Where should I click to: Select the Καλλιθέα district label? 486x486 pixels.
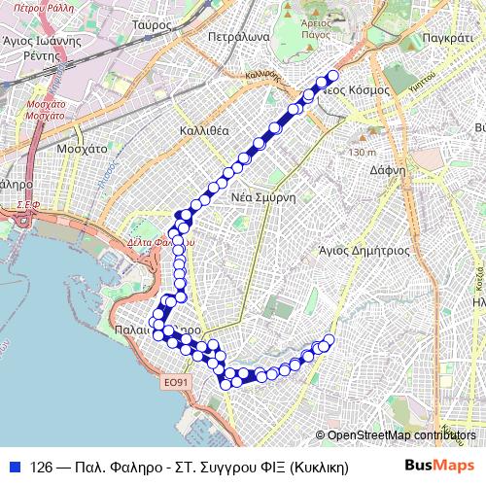(204, 129)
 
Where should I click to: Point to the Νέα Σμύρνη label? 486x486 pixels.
(262, 194)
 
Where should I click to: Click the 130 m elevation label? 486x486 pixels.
(362, 153)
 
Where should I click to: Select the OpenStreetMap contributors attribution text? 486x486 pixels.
(401, 435)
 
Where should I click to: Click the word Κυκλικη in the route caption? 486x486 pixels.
(319, 466)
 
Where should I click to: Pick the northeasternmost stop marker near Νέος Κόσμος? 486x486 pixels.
(333, 76)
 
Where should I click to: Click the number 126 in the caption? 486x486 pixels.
(42, 466)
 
